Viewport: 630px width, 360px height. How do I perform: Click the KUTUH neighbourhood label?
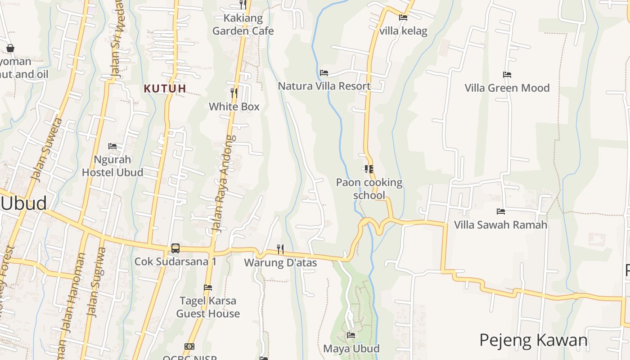tap(165, 89)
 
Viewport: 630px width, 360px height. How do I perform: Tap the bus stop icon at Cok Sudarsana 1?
tap(175, 248)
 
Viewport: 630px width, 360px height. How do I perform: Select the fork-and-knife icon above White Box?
tap(234, 93)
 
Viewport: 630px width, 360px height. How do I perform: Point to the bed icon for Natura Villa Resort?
tap(324, 73)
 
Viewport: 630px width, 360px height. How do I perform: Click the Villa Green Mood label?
tap(507, 88)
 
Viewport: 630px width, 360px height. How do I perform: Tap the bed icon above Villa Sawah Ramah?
tap(501, 211)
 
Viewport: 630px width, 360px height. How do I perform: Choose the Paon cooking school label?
tap(369, 189)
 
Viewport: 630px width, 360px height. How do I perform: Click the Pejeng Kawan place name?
tap(533, 340)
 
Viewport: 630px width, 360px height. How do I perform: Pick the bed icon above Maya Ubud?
tap(351, 335)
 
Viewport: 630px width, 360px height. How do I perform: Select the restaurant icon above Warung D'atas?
tap(280, 249)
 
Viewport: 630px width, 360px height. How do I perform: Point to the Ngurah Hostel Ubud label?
tap(112, 166)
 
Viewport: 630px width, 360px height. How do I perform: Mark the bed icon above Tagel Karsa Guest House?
tap(208, 287)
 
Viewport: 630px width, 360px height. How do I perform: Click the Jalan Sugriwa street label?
tap(96, 283)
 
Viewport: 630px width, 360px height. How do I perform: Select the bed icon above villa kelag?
tap(403, 18)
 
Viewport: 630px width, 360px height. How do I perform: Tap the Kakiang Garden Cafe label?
tap(243, 25)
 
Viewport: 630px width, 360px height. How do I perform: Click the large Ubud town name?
tap(23, 203)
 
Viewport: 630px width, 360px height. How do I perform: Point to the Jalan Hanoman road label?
tap(74, 292)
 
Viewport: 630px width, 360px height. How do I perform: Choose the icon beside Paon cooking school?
tap(369, 169)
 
